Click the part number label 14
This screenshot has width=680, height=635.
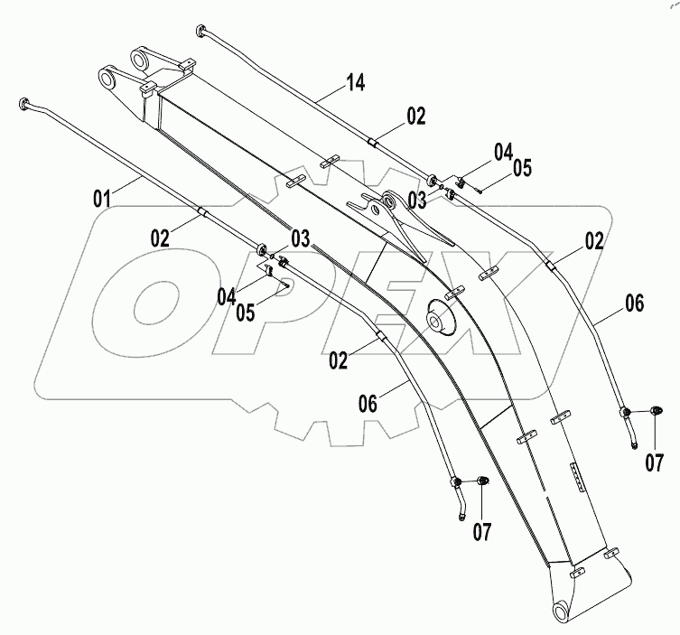(356, 84)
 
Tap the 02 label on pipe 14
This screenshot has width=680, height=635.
(415, 115)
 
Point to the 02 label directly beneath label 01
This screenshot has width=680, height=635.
(159, 238)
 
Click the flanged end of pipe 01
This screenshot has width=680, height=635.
(25, 104)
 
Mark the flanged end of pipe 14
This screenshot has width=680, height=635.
(200, 32)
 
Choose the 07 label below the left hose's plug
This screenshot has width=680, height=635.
(482, 532)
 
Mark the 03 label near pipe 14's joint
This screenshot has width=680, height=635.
(418, 197)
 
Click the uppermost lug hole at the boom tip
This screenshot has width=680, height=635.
(141, 60)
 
